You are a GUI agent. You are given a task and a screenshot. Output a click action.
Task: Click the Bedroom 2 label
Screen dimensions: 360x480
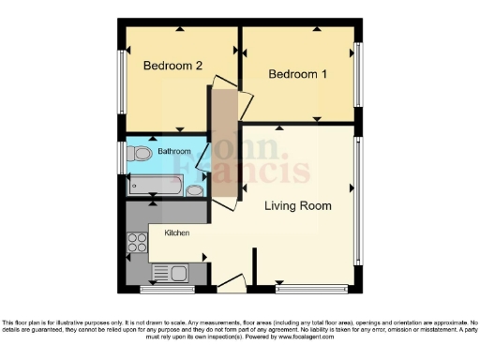(172, 66)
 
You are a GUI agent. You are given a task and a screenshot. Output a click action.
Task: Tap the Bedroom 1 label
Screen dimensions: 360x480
(297, 74)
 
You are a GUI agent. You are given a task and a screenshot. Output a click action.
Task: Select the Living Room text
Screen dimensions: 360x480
(296, 205)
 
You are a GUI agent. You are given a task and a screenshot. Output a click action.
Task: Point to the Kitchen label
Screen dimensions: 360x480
(178, 232)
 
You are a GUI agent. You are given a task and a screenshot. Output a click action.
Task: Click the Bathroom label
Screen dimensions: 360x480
(174, 151)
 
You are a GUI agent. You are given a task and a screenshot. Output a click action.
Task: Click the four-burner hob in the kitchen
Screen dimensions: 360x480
(137, 245)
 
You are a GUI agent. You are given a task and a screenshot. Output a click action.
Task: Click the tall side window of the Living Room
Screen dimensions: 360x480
(358, 202)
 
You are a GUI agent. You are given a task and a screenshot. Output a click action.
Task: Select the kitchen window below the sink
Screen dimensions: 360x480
(166, 285)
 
